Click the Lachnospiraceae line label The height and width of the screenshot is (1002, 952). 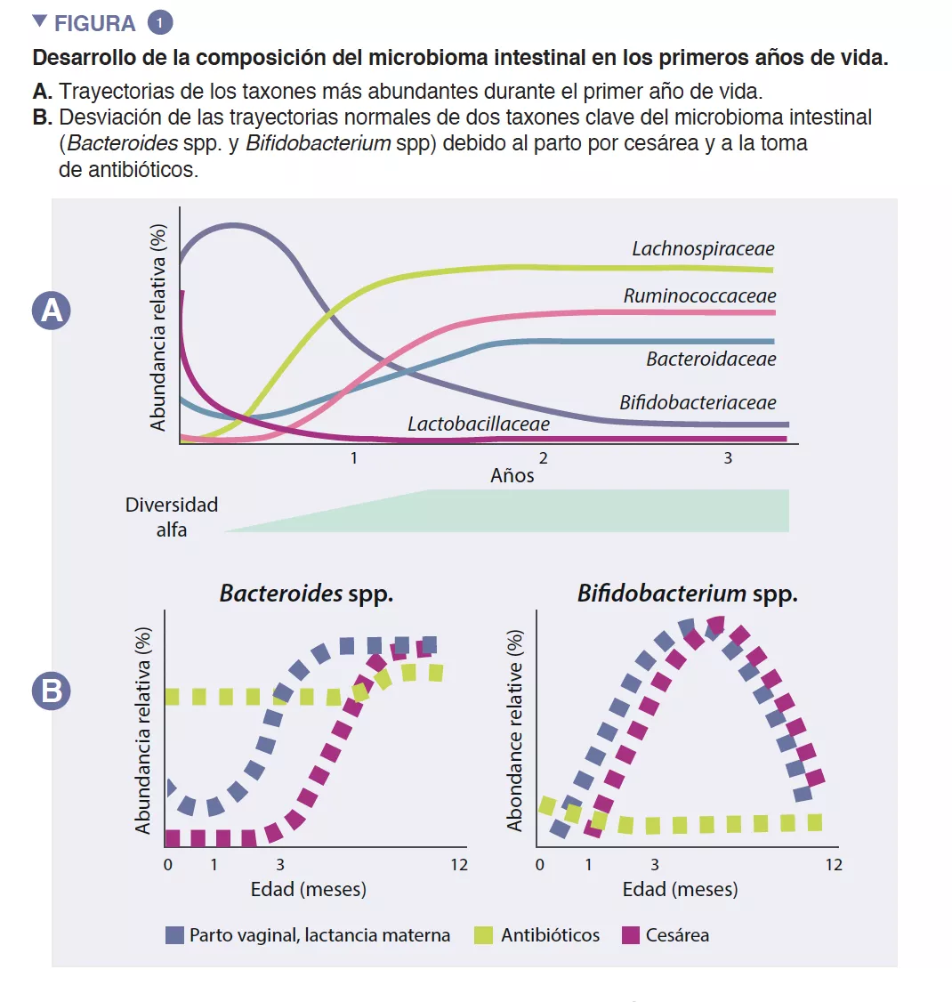click(x=703, y=249)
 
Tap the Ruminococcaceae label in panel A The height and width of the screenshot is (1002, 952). click(x=699, y=296)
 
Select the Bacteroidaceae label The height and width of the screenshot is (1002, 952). click(x=711, y=360)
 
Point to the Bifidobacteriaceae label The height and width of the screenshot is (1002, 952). click(x=698, y=403)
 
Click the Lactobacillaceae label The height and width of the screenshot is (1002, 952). click(x=479, y=424)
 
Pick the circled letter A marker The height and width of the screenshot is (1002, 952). click(x=52, y=311)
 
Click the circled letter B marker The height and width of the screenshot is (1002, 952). click(x=52, y=691)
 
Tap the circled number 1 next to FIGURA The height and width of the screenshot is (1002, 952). click(x=159, y=23)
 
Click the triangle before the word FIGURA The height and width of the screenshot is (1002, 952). click(x=39, y=21)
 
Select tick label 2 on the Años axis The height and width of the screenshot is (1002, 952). click(x=543, y=458)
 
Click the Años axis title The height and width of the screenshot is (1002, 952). click(x=512, y=476)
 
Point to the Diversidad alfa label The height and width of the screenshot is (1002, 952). click(x=172, y=517)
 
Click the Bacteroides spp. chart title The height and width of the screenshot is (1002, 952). click(x=306, y=594)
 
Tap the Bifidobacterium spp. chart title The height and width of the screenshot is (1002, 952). click(x=687, y=594)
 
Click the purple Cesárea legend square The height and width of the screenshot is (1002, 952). click(x=631, y=935)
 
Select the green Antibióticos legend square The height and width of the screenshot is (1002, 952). click(x=484, y=935)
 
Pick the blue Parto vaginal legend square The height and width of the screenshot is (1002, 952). click(x=174, y=935)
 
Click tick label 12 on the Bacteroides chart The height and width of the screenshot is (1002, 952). click(x=458, y=864)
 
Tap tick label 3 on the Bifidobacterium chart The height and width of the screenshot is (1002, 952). click(x=655, y=864)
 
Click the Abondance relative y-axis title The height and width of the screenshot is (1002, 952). click(x=515, y=731)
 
